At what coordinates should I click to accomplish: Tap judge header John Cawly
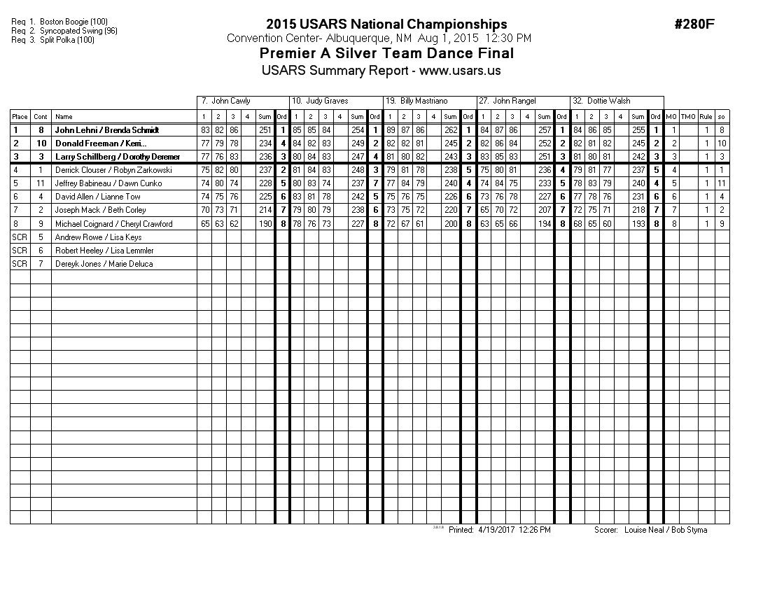[x=230, y=101]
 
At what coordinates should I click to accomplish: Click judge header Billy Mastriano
[x=423, y=101]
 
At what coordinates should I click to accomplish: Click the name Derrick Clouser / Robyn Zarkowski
[x=113, y=170]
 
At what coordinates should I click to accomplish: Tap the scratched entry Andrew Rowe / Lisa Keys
[x=98, y=237]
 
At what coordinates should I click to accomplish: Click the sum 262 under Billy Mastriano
[x=450, y=130]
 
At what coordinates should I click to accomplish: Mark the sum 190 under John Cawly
[x=264, y=224]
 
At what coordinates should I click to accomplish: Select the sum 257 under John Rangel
[x=543, y=130]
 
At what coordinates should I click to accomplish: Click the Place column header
[x=20, y=117]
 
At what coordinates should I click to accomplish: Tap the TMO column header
[x=688, y=117]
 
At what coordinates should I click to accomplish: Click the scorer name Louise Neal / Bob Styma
[x=665, y=530]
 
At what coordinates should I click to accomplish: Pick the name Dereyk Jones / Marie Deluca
[x=104, y=264]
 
